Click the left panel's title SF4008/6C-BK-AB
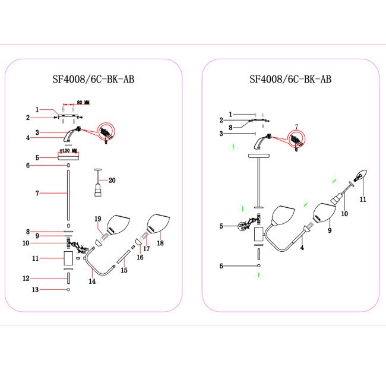[x=93, y=78]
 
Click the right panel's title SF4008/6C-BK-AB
[x=290, y=78]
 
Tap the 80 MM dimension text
[x=83, y=103]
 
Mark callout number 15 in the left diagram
[x=124, y=270]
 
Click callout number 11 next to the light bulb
[x=363, y=199]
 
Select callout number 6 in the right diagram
[x=221, y=266]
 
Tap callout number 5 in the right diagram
[x=221, y=226]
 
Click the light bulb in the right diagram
[x=362, y=176]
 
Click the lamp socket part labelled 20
[x=95, y=186]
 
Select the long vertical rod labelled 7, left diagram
[x=68, y=196]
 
